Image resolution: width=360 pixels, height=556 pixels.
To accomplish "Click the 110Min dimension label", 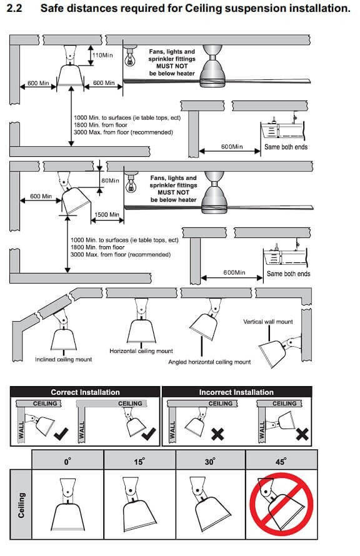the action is pos(102,55).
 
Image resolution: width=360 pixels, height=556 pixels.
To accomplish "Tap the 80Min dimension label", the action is pos(110,181).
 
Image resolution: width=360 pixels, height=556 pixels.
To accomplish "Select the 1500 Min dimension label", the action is pos(107,214).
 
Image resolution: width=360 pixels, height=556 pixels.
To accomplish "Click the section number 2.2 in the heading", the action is pos(14,7).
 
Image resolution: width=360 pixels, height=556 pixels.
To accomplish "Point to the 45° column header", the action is pos(281,461).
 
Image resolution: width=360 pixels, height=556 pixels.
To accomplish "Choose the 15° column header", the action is pos(139,461).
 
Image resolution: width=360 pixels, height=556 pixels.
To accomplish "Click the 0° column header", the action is pos(67,461).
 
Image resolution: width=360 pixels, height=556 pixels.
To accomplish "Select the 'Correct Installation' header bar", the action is pos(85,392).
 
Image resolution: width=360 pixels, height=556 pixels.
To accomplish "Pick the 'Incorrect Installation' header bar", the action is pos(237,392).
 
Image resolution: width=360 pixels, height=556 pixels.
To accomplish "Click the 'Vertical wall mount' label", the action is pos(268,322).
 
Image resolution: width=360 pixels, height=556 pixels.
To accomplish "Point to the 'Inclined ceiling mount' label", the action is pos(64,359).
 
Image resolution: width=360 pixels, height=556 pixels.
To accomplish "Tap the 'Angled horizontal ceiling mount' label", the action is pos(209,362).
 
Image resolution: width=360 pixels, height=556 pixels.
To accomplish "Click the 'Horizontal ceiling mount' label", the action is pos(141,351).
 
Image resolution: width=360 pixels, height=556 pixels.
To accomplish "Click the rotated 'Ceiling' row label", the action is pos(21,505).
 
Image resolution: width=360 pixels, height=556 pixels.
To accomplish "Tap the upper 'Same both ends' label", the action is pos(286,147).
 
